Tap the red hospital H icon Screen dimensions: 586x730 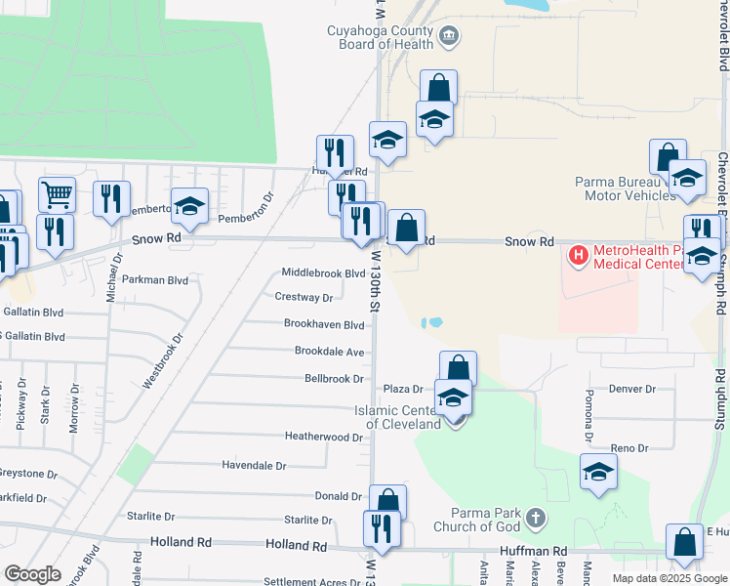[x=579, y=257]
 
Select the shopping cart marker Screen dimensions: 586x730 [x=58, y=195]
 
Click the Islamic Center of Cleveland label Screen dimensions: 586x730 [x=403, y=417]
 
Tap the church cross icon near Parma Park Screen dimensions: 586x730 [x=534, y=516]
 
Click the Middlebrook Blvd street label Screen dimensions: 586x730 [x=322, y=273]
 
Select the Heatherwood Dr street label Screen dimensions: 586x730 [x=323, y=437]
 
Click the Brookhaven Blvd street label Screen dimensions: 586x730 [x=324, y=324]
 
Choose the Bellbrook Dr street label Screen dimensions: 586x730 [x=334, y=378]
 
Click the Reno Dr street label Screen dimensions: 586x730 [x=629, y=448]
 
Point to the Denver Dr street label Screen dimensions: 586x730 [x=631, y=389]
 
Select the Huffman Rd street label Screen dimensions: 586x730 [x=534, y=552]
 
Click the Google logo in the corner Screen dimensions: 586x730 [x=32, y=574]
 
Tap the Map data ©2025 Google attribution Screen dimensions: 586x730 [x=669, y=578]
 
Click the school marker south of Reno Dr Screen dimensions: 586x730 [x=598, y=472]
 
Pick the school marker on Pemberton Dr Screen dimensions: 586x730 [x=189, y=206]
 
